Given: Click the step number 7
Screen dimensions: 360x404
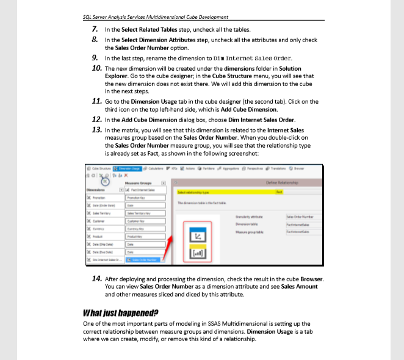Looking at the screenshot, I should point(96,29).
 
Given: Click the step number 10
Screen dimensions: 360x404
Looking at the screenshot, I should point(96,68).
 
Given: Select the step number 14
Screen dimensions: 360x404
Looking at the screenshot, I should point(96,279).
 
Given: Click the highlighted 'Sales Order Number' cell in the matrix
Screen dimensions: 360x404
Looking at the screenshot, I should point(143,261).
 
